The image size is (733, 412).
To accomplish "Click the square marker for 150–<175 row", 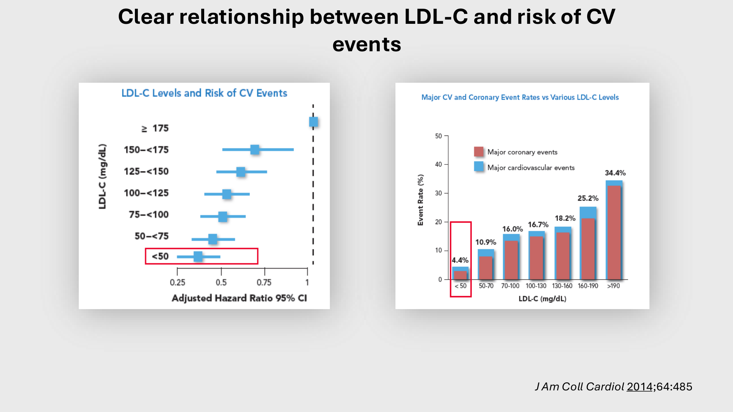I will [255, 149].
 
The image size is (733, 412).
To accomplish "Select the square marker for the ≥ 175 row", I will [313, 122].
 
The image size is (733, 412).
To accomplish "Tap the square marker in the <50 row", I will [198, 256].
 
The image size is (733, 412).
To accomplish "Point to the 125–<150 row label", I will [146, 171].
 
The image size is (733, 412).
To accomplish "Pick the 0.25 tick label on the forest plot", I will [177, 282].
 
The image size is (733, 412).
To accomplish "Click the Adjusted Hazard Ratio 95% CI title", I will [239, 298].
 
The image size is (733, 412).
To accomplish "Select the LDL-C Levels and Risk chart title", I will [204, 93].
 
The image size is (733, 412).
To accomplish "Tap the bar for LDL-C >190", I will [614, 231].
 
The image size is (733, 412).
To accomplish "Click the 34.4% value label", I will [615, 173].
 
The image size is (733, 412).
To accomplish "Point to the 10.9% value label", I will [486, 242].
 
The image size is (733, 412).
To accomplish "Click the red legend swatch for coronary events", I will [479, 152].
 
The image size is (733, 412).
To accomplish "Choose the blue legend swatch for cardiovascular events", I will [479, 167].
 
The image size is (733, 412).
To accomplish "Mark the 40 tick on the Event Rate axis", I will [439, 164].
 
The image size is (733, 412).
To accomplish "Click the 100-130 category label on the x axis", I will [536, 286].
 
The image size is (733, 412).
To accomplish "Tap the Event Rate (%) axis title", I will [420, 200].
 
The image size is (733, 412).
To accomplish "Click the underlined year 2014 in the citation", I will [640, 387].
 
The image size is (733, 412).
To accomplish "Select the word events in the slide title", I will [366, 44].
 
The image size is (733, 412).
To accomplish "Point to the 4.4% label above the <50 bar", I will [460, 260].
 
